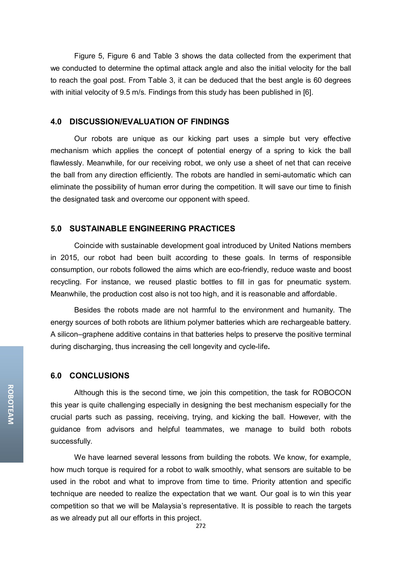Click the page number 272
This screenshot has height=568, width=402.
click(x=201, y=526)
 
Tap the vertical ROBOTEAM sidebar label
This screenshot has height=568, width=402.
click(x=11, y=404)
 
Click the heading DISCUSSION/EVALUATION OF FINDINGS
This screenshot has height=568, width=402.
click(x=149, y=122)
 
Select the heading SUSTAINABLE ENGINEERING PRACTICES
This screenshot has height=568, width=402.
click(x=152, y=229)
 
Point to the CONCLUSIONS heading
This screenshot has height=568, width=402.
click(x=99, y=376)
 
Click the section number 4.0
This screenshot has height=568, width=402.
click(x=56, y=122)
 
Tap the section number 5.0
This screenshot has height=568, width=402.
click(x=56, y=229)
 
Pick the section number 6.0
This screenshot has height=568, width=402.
click(x=56, y=376)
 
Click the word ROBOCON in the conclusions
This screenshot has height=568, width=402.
click(x=332, y=393)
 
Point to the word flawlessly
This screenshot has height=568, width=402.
click(x=67, y=163)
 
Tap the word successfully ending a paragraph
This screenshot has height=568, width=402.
click(x=71, y=441)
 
